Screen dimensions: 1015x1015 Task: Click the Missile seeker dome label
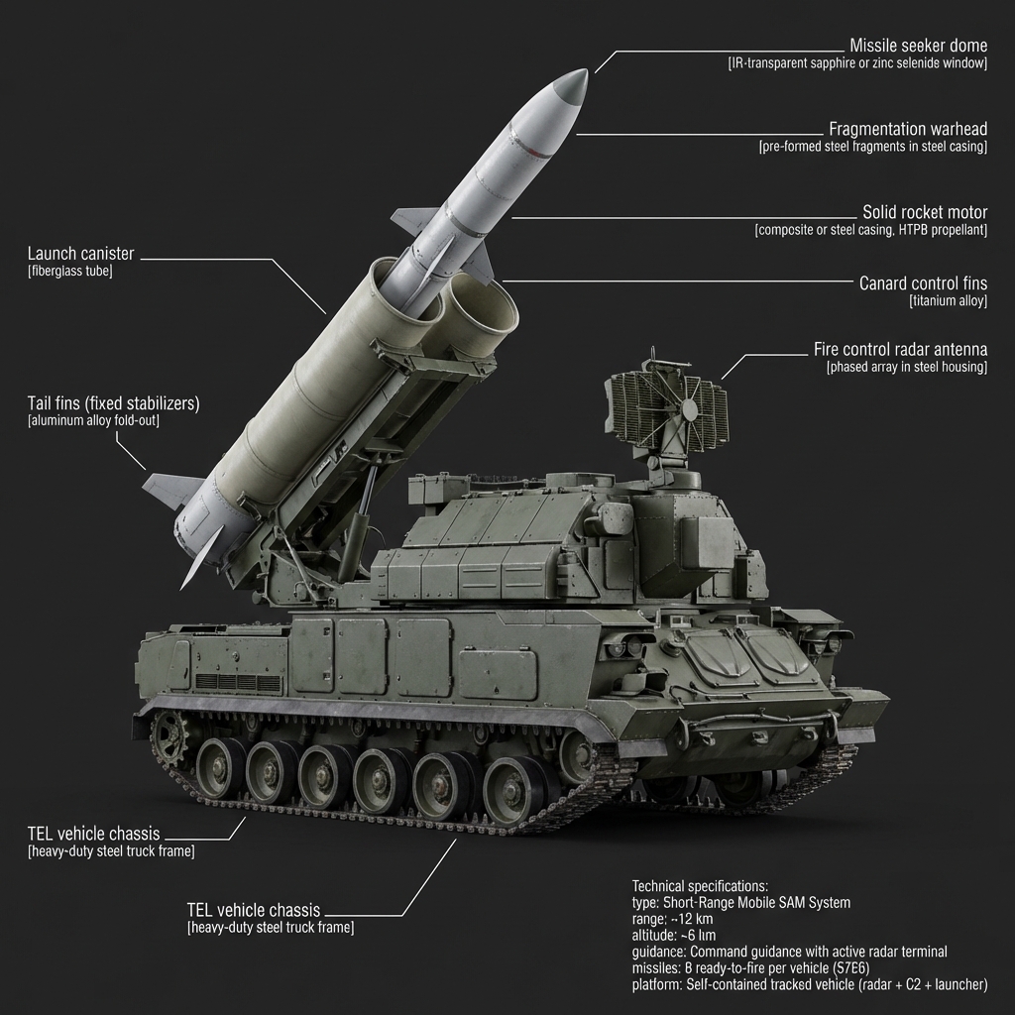(x=918, y=46)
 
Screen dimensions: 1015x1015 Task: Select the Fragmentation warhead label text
(x=907, y=130)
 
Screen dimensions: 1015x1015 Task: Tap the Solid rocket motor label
(x=925, y=213)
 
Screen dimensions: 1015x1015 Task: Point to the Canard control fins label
(x=923, y=283)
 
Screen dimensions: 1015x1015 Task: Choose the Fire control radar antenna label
(x=900, y=350)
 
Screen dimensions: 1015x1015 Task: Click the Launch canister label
(x=80, y=255)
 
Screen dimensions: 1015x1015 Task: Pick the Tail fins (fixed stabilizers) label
(x=113, y=403)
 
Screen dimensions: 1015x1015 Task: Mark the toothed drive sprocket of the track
(x=170, y=736)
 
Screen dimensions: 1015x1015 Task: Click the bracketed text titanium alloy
(x=948, y=300)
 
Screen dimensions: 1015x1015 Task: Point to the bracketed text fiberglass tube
(x=70, y=271)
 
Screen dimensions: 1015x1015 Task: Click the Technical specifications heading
(x=700, y=885)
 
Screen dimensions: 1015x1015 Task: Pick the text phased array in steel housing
(x=906, y=367)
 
